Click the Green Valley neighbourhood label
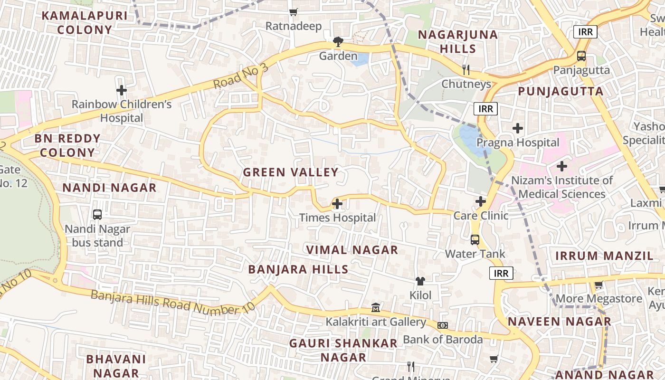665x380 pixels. click(291, 172)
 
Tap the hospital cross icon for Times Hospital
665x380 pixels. click(337, 204)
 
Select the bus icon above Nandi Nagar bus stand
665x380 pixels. click(97, 215)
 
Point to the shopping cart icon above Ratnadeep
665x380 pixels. click(294, 12)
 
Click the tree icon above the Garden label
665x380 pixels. click(338, 42)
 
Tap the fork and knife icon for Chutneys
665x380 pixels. click(466, 70)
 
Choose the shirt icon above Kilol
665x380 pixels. click(420, 281)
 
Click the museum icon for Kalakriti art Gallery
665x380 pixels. click(376, 308)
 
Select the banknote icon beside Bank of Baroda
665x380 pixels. click(443, 325)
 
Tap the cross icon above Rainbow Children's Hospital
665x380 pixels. click(122, 90)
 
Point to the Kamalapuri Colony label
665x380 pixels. click(85, 22)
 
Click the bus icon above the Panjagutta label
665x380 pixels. click(581, 56)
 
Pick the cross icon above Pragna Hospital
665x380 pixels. click(518, 128)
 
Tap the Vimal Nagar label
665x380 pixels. click(352, 250)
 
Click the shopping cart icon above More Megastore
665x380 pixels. click(598, 285)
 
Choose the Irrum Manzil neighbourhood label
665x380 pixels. click(605, 256)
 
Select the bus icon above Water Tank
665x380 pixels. click(475, 240)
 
